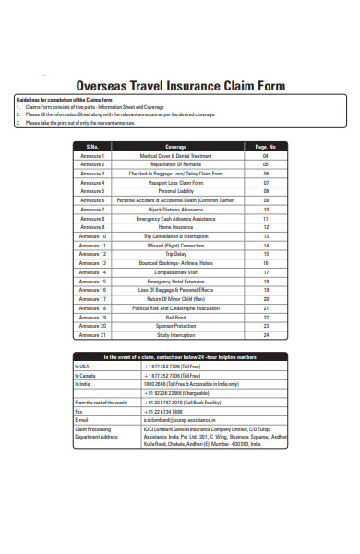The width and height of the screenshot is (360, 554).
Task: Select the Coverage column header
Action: [x=175, y=147]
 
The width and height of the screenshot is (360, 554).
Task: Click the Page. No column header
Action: [x=266, y=147]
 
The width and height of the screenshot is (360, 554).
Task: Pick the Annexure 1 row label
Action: [x=92, y=156]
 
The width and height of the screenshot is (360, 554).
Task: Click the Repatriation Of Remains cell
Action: [x=175, y=164]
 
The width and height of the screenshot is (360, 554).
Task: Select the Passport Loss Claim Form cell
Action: [x=175, y=183]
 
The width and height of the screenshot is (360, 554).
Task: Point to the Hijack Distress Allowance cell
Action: [x=175, y=209]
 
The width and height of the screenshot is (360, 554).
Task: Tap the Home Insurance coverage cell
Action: [x=175, y=227]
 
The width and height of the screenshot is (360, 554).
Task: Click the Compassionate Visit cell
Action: [x=175, y=272]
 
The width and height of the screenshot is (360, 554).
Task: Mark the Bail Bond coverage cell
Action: [x=175, y=317]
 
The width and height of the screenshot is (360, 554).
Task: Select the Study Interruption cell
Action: [x=175, y=334]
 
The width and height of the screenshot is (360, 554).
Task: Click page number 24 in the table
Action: [x=266, y=334]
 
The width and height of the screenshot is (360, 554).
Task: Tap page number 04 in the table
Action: [x=266, y=156]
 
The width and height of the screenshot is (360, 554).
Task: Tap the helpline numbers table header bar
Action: [x=180, y=357]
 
